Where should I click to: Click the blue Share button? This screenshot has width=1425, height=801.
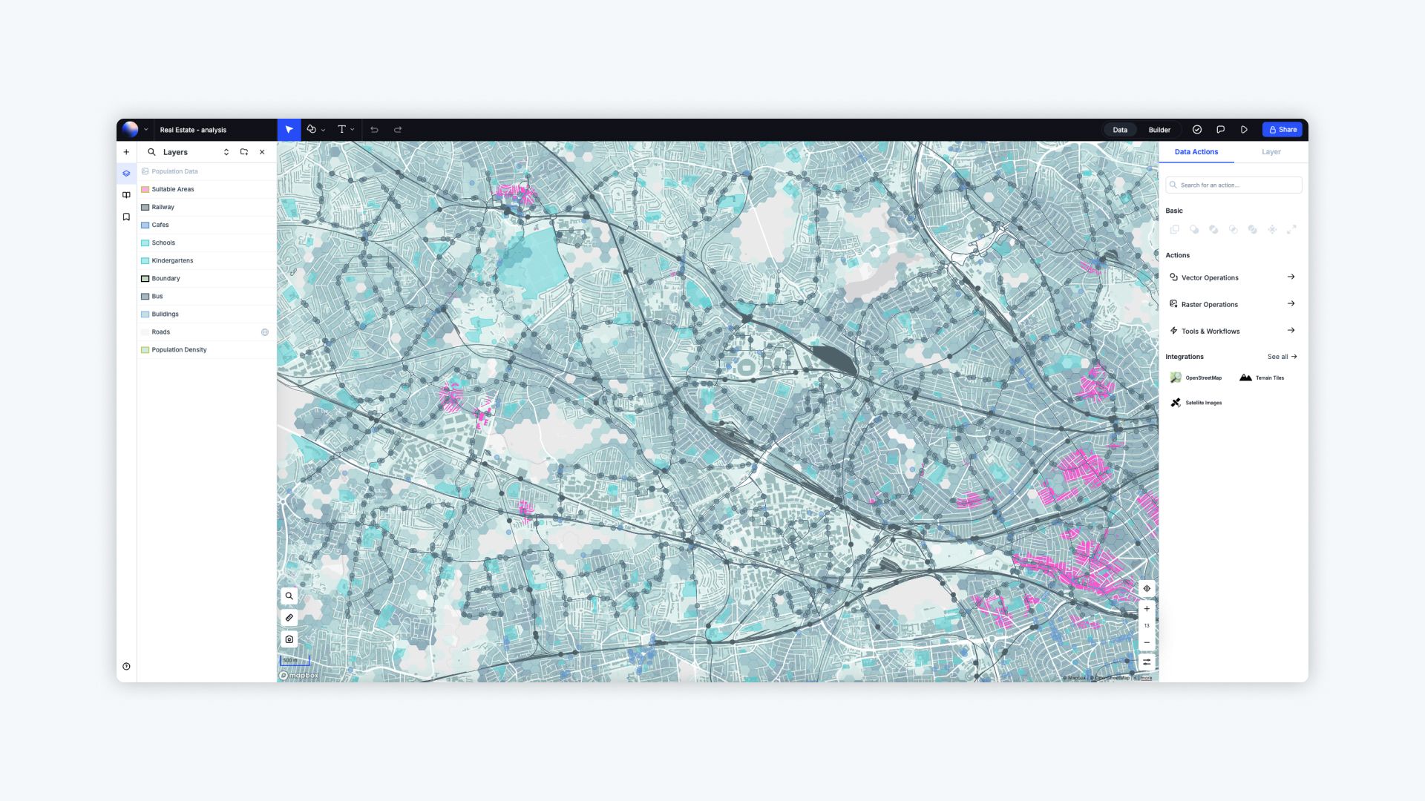[x=1282, y=130]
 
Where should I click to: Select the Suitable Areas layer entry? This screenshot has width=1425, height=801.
[x=172, y=189]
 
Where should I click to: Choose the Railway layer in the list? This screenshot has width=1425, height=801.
[x=163, y=207]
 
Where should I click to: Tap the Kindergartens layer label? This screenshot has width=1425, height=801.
[x=172, y=260]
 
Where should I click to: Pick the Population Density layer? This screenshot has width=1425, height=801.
[x=179, y=349]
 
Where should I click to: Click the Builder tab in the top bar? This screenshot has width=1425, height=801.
[x=1159, y=130]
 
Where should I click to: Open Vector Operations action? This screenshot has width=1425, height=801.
[x=1210, y=277]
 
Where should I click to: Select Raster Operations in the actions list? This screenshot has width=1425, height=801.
[x=1210, y=304]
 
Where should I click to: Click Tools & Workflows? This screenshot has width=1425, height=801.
[x=1211, y=331]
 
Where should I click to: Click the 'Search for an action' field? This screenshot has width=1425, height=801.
[x=1234, y=185]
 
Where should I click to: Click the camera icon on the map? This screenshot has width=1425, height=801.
[x=289, y=639]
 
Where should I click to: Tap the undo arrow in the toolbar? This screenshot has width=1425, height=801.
[x=374, y=130]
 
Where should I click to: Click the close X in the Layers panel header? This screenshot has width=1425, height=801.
[x=262, y=152]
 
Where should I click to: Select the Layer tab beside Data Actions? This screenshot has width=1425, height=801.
[x=1271, y=152]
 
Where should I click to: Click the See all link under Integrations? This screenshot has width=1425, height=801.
[x=1282, y=357]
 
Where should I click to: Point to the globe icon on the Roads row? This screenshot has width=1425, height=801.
[x=265, y=332]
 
